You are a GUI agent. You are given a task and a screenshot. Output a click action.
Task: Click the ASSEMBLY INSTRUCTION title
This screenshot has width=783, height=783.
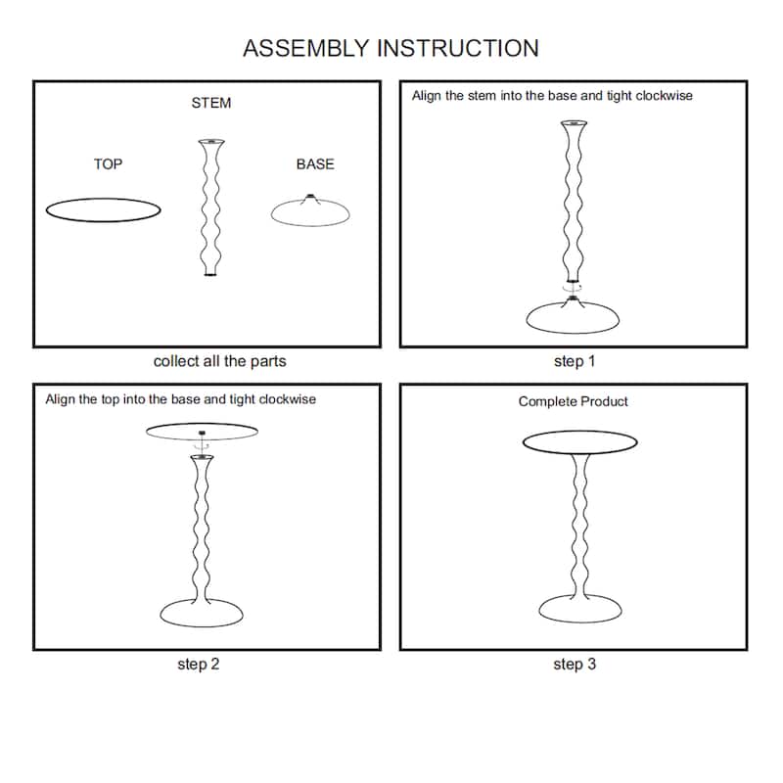[391, 48]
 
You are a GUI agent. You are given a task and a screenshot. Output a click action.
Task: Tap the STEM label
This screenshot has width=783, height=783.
[211, 103]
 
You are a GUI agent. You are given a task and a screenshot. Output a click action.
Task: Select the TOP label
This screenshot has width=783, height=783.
[108, 164]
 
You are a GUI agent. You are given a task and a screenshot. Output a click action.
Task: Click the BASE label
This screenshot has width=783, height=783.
[315, 164]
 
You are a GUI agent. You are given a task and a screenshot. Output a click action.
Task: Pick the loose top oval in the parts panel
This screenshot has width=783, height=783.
[103, 209]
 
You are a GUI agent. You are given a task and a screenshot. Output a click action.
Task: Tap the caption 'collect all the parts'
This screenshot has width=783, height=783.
[219, 361]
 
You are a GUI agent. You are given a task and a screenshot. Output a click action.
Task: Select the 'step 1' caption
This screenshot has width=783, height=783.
[575, 361]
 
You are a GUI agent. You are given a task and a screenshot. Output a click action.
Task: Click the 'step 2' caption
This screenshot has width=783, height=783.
[198, 665]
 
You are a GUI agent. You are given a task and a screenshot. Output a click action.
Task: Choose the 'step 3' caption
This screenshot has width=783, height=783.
[575, 665]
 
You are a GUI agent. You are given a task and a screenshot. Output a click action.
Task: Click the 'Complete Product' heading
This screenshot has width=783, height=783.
[574, 401]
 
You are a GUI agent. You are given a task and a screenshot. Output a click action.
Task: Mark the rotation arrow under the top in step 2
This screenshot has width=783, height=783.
[201, 445]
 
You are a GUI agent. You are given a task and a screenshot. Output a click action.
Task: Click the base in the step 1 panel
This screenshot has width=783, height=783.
[574, 317]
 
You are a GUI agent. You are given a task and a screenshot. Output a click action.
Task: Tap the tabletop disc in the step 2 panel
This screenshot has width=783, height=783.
[201, 431]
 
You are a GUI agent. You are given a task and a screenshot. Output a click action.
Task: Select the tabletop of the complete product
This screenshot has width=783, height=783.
[580, 442]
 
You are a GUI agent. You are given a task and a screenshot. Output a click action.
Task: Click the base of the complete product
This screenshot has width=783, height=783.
[580, 610]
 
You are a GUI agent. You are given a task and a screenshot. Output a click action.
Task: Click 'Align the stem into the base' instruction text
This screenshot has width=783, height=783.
[552, 97]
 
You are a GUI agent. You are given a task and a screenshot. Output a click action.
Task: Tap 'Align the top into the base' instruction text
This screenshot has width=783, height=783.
[181, 399]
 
